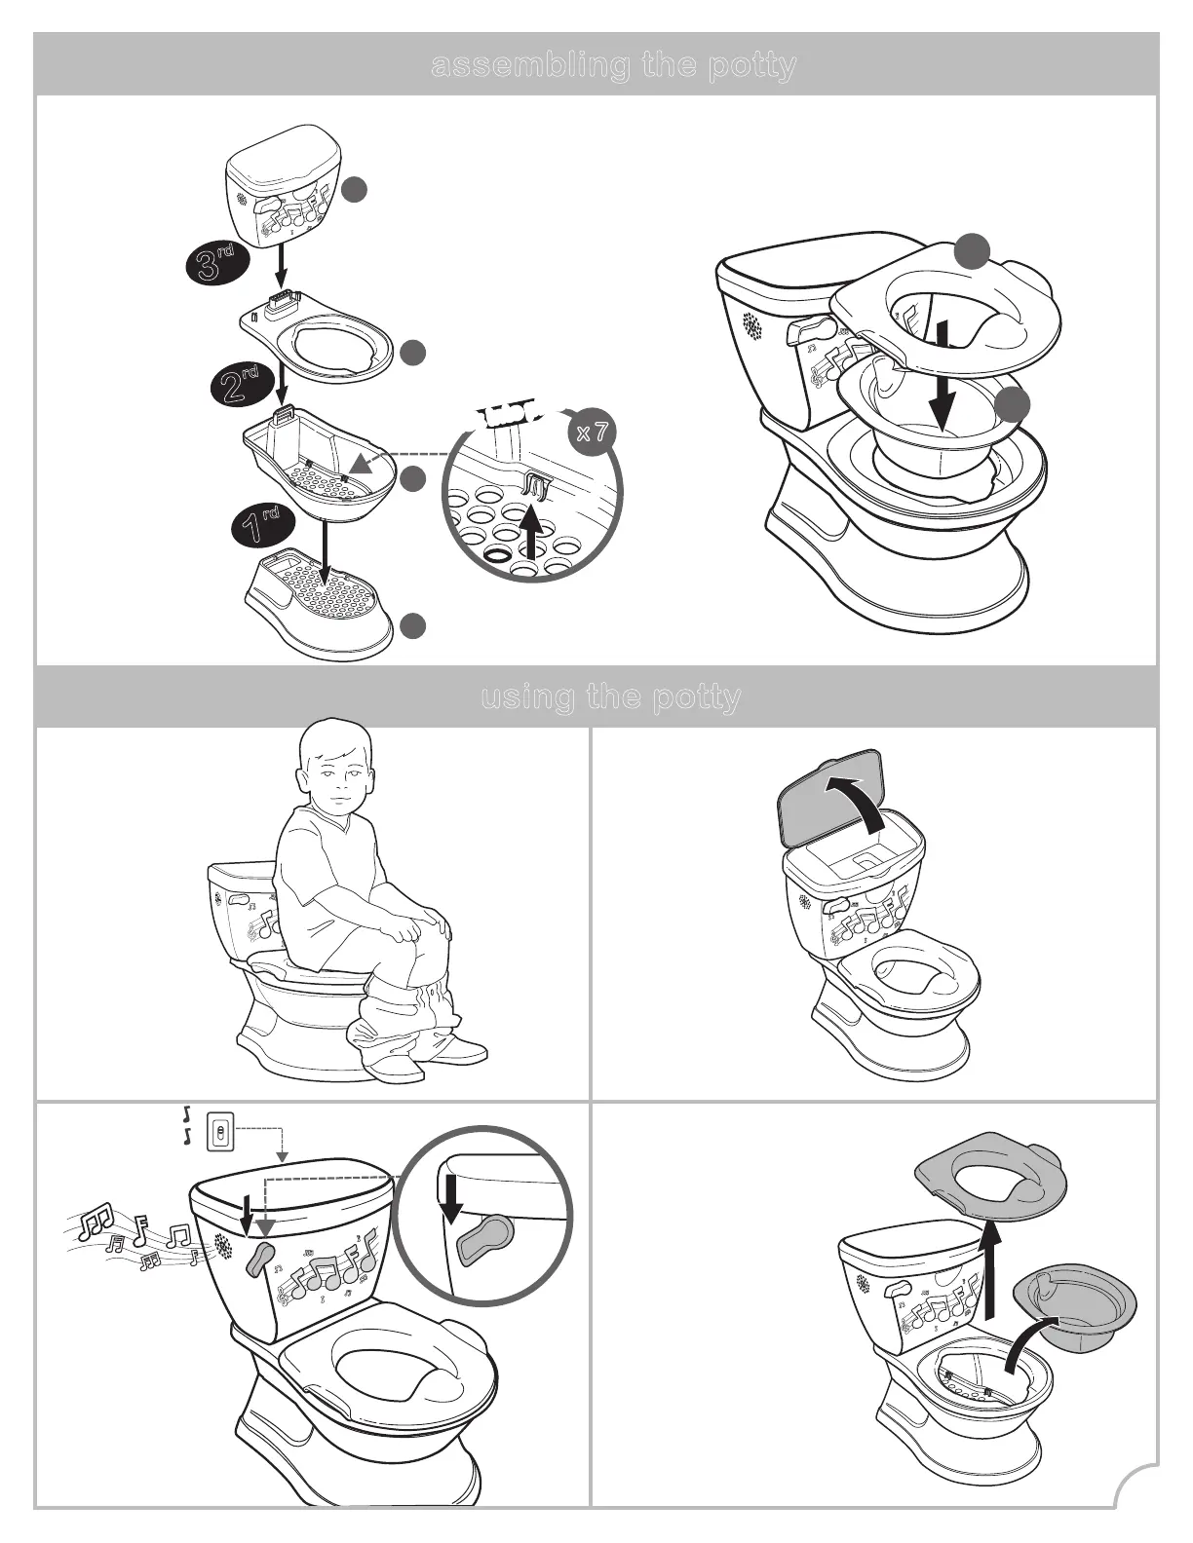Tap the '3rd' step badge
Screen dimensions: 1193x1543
click(x=216, y=264)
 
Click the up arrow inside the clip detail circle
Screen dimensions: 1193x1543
click(x=530, y=530)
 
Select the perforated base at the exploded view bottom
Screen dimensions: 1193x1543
click(x=322, y=606)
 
